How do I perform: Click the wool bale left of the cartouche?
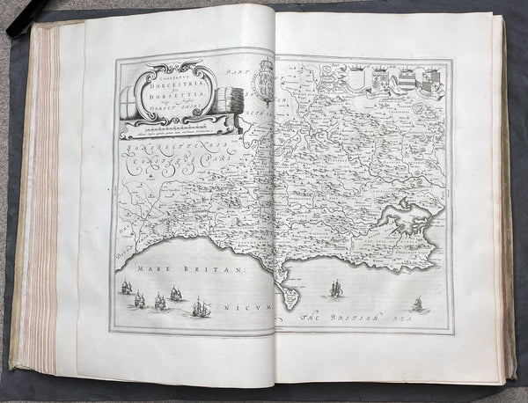tap(128, 100)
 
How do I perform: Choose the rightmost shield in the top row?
tap(430, 82)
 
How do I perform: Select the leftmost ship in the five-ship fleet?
tap(127, 288)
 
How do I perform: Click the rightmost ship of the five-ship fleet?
tap(202, 307)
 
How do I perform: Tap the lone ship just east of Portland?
tap(335, 287)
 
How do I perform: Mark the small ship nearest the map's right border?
tap(417, 304)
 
